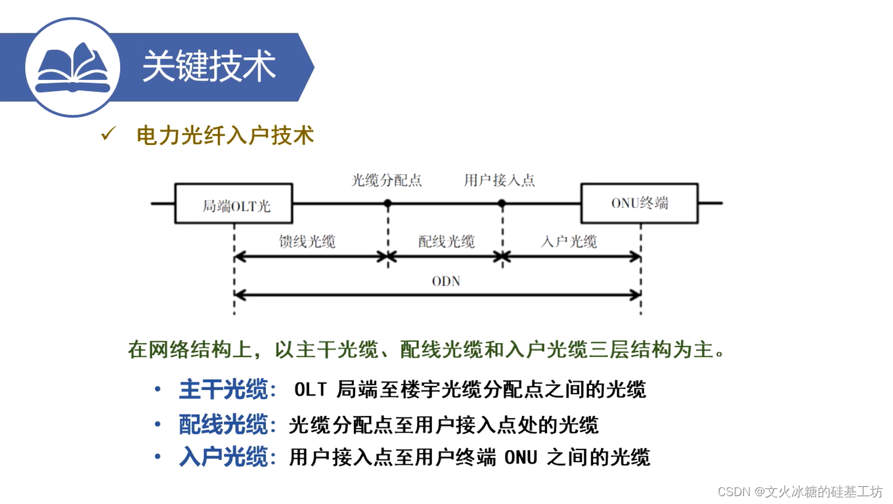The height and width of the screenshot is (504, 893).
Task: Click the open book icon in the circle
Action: click(72, 68)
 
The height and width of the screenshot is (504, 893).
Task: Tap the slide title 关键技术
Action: click(209, 66)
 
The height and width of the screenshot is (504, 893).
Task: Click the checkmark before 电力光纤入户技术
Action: click(107, 135)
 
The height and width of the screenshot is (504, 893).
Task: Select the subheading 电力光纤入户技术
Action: click(225, 135)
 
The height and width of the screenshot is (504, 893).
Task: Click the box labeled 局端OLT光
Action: click(234, 204)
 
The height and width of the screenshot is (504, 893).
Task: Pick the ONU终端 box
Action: click(640, 203)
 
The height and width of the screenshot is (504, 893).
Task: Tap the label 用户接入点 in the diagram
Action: click(499, 180)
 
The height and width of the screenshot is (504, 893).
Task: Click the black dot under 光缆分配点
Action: click(387, 204)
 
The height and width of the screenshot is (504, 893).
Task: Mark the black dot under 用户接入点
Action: click(502, 204)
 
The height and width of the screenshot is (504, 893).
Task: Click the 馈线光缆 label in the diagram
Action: click(307, 241)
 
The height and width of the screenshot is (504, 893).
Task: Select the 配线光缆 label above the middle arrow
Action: click(446, 241)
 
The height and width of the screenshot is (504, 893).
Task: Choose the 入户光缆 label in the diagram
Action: click(569, 241)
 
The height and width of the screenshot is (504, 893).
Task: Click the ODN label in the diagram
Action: click(446, 282)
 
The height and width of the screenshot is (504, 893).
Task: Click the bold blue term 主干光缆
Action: click(223, 390)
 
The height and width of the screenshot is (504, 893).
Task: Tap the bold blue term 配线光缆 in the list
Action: click(223, 425)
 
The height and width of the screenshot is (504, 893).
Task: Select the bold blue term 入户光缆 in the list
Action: click(223, 457)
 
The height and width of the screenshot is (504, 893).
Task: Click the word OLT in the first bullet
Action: click(310, 390)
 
